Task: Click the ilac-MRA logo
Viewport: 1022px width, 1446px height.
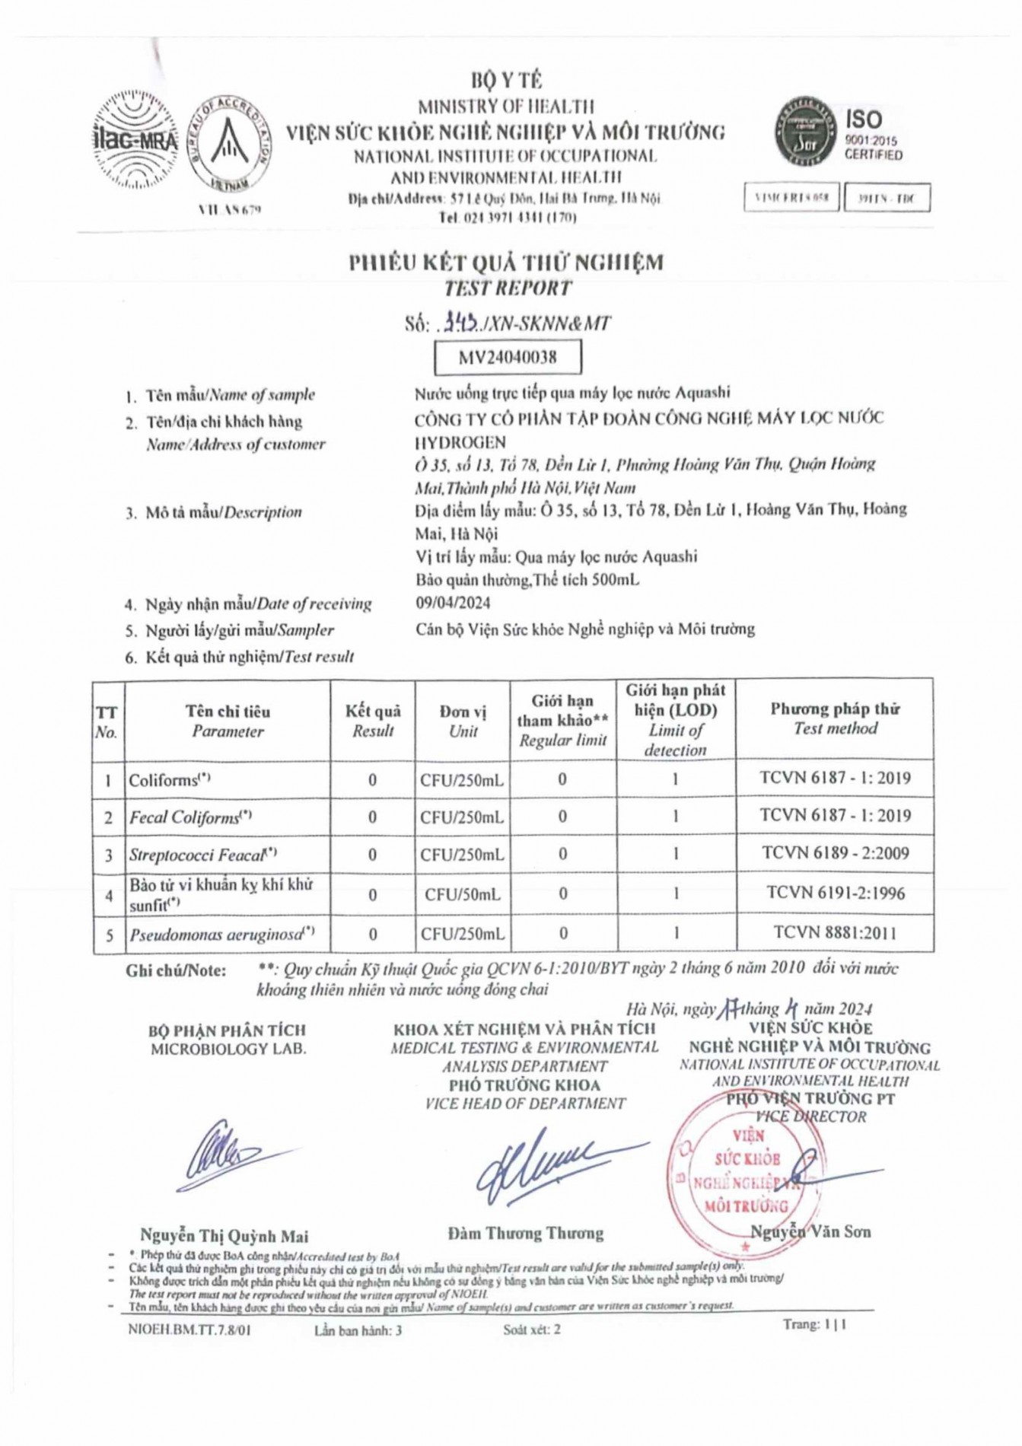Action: (x=135, y=140)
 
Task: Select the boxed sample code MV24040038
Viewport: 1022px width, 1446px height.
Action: (x=508, y=357)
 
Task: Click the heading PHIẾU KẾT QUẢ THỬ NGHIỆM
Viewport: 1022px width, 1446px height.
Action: (x=506, y=263)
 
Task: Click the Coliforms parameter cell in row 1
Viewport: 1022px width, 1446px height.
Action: (x=169, y=780)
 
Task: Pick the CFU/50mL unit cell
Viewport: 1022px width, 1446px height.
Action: (x=463, y=894)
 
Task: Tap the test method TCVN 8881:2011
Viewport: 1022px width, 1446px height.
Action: (x=835, y=933)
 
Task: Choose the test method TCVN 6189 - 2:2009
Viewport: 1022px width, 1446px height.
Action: (x=835, y=853)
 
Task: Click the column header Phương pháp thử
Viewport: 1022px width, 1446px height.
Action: (x=835, y=718)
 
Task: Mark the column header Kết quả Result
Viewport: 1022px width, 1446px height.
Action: (x=373, y=721)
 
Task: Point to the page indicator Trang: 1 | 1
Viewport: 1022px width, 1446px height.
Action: (x=814, y=1325)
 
